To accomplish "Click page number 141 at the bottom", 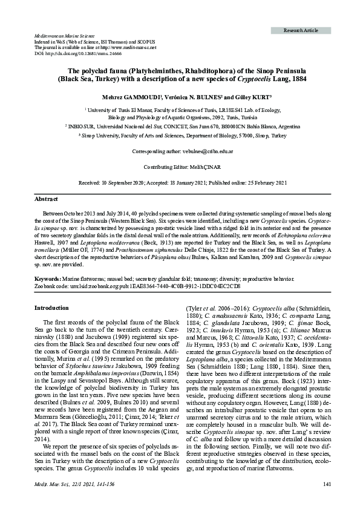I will click(x=327, y=499).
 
